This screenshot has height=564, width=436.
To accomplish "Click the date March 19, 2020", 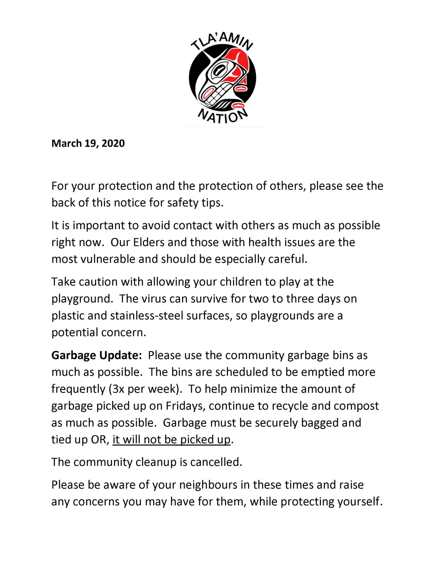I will click(88, 143).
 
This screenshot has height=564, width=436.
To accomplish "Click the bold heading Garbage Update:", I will click(97, 355).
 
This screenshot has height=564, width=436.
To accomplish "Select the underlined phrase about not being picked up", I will click(171, 440).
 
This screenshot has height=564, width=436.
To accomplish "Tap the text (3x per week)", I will click(145, 389).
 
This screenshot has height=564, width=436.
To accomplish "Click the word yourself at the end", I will click(360, 502).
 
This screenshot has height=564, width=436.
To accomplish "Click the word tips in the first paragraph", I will click(212, 203).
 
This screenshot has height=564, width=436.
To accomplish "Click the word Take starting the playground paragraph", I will click(63, 282).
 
